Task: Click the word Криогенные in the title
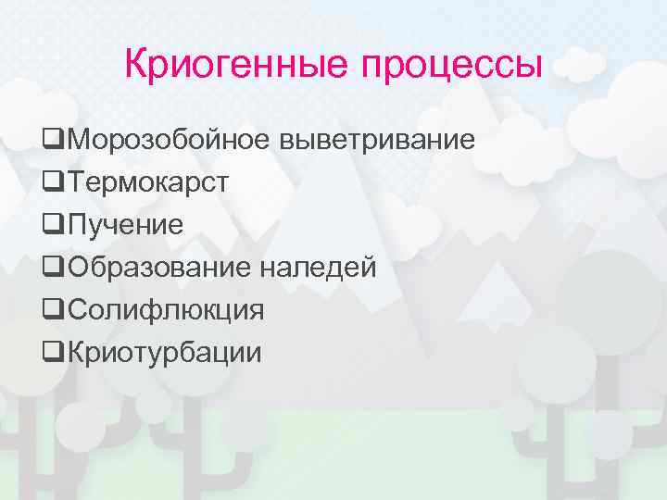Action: click(x=236, y=65)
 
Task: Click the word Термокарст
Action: click(x=147, y=182)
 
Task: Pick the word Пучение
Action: click(x=125, y=225)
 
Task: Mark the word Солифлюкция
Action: click(x=165, y=310)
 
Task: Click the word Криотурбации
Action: click(x=164, y=353)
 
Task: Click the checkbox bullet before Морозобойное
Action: click(x=54, y=141)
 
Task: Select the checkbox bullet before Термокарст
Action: click(x=54, y=183)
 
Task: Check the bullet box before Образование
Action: click(x=54, y=269)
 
